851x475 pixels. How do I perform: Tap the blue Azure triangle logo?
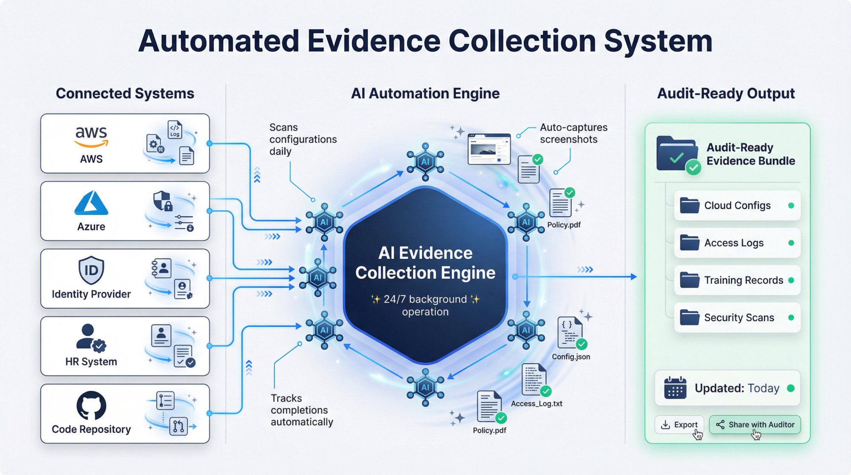(x=91, y=203)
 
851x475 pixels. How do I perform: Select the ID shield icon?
(x=91, y=270)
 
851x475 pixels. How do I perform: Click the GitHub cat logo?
(x=91, y=405)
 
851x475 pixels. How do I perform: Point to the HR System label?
(x=91, y=362)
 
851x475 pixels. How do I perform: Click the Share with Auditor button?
(x=755, y=424)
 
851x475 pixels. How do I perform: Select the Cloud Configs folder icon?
(x=689, y=206)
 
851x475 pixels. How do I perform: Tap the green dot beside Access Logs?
(x=791, y=243)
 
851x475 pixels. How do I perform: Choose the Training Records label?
(x=743, y=280)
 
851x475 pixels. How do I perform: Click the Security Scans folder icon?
(x=689, y=318)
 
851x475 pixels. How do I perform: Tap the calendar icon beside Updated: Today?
(x=675, y=388)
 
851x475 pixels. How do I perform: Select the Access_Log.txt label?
(x=536, y=403)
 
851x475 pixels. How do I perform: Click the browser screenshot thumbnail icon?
(x=489, y=149)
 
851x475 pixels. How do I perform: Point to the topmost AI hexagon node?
(x=425, y=162)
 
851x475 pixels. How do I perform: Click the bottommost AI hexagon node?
(x=425, y=387)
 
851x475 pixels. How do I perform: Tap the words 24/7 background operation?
(x=425, y=305)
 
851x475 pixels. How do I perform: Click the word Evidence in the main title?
(x=374, y=41)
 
